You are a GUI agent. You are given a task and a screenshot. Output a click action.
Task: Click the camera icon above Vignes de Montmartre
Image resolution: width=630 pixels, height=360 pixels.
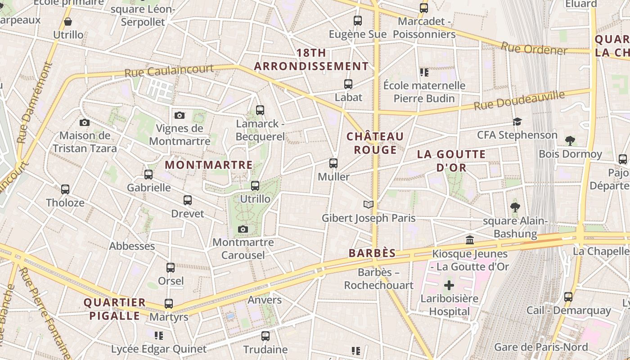tap(180, 116)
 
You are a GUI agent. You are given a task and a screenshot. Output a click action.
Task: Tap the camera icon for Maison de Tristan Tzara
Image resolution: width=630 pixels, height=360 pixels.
tap(84, 123)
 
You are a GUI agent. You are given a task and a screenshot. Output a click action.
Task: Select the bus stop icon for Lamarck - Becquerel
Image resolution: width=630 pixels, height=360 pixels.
tap(260, 110)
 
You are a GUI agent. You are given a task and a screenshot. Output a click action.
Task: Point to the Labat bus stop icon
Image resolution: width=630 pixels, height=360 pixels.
tap(348, 84)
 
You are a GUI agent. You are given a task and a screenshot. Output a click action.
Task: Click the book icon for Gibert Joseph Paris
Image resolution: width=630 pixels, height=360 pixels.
tap(369, 205)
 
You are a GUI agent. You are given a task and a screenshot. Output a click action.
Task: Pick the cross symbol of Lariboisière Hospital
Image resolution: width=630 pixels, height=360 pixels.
tap(449, 285)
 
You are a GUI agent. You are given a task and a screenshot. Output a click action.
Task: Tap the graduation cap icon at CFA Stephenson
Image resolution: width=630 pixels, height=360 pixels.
tap(517, 122)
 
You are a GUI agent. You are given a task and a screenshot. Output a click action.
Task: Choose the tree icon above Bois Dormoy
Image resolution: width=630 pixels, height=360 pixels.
tap(570, 141)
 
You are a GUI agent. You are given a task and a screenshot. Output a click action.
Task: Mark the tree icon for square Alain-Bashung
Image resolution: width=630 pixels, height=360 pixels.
tap(515, 207)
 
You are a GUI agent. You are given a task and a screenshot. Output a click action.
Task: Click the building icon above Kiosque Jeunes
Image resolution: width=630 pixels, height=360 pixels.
tap(470, 240)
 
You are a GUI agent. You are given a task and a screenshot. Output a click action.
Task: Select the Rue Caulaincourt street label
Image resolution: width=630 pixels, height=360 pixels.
tap(169, 70)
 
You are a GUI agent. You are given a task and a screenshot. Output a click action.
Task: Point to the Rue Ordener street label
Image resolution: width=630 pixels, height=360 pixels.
tap(534, 48)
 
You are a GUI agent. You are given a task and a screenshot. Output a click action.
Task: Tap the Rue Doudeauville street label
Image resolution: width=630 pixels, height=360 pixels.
tap(519, 100)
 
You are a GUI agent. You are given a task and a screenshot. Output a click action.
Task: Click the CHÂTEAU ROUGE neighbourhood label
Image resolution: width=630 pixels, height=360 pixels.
tap(375, 143)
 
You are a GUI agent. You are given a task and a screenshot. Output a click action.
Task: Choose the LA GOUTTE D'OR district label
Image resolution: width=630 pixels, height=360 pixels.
tap(451, 161)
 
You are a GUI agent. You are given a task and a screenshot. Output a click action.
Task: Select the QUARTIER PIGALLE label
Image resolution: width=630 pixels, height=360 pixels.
tap(115, 309)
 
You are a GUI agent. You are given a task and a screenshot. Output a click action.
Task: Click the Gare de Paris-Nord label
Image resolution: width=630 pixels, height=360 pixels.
tap(541, 347)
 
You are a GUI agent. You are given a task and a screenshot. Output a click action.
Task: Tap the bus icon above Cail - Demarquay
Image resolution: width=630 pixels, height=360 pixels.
tap(568, 297)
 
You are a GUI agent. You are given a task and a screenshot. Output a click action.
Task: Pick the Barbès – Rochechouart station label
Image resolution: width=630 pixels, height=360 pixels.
tap(379, 279)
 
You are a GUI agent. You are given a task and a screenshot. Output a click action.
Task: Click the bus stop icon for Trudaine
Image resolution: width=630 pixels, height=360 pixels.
tap(265, 336)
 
